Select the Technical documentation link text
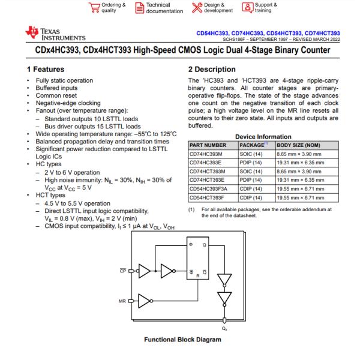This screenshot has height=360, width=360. coord(164,8)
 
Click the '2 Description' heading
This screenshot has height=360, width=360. coord(212,70)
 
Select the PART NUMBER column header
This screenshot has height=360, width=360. coord(208,145)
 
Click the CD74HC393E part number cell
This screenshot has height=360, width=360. coord(206,163)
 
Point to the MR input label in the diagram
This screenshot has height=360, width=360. coord(122,300)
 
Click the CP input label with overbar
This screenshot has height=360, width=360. coord(122,270)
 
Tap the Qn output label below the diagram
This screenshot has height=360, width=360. coord(224,328)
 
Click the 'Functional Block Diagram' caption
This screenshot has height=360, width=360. coord(182,340)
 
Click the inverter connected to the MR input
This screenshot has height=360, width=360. coord(146,300)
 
